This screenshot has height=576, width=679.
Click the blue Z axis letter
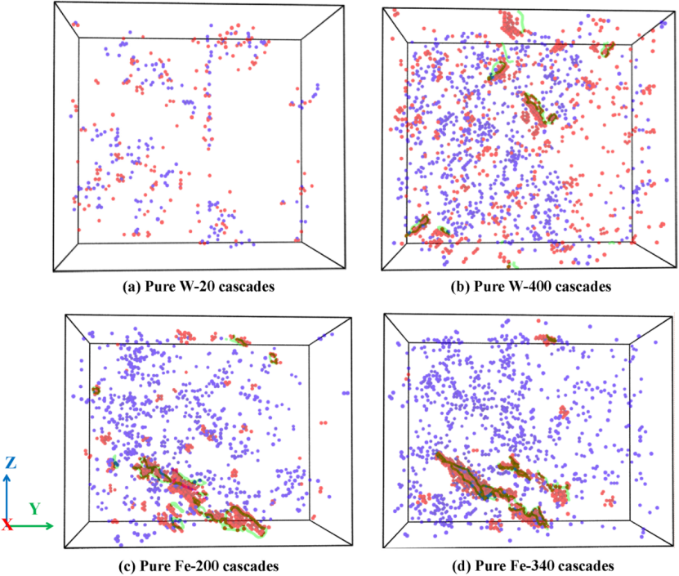tap(10, 462)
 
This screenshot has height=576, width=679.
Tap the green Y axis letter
tap(34, 508)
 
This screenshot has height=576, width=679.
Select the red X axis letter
tap(7, 525)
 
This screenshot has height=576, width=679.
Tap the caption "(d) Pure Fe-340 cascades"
tap(526, 565)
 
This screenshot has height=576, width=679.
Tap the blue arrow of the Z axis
tap(7, 494)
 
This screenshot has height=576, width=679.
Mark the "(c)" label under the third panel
tap(127, 565)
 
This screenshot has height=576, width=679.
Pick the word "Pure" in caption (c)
tap(156, 565)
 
